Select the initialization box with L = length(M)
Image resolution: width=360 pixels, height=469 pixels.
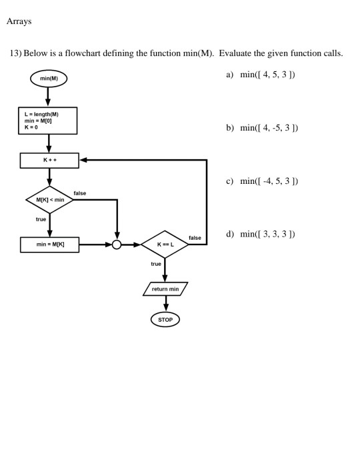pyautogui.click(x=49, y=121)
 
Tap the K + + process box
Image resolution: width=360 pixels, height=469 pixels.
pyautogui.click(x=49, y=161)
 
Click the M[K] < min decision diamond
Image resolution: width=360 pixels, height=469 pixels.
pyautogui.click(x=49, y=199)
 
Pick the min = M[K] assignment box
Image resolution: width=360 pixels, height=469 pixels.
pyautogui.click(x=49, y=244)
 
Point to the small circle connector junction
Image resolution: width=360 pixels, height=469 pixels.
pyautogui.click(x=117, y=244)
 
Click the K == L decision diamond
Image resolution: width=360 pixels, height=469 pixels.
pyautogui.click(x=165, y=244)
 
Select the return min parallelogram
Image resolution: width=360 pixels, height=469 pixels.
pyautogui.click(x=165, y=289)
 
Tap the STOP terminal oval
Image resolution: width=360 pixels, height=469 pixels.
pyautogui.click(x=165, y=320)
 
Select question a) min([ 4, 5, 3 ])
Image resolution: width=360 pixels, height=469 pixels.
pyautogui.click(x=261, y=75)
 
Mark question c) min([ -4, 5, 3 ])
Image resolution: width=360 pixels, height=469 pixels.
pyautogui.click(x=262, y=181)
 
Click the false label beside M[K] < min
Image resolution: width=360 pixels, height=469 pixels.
pyautogui.click(x=80, y=193)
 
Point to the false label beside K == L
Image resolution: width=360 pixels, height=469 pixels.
pyautogui.click(x=195, y=238)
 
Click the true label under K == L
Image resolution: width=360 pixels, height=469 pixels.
pyautogui.click(x=156, y=264)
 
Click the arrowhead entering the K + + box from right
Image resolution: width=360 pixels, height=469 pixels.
pyautogui.click(x=83, y=161)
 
